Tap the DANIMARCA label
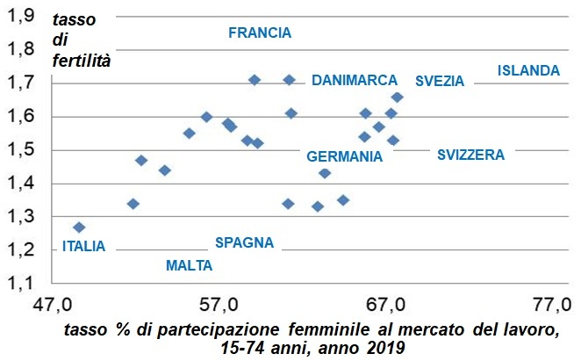click(355, 80)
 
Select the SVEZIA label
click(440, 81)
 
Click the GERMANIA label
click(344, 156)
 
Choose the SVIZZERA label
click(471, 155)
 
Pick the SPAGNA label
click(244, 242)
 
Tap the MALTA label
click(189, 264)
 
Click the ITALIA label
click(83, 247)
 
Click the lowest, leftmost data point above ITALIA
click(79, 227)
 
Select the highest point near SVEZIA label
click(397, 97)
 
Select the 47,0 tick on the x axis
click(52, 306)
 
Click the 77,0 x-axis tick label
click(550, 306)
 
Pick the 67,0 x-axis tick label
click(384, 306)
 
